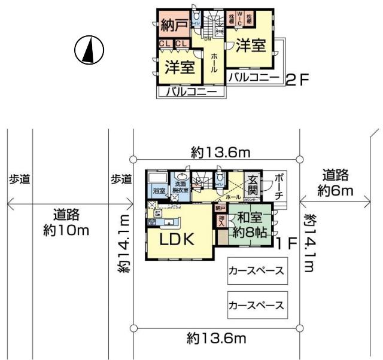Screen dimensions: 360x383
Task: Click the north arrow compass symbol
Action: (89, 50)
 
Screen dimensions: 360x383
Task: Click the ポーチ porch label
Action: (278, 186)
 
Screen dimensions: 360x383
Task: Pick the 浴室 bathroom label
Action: (159, 191)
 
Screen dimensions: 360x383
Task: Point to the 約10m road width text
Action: (65, 222)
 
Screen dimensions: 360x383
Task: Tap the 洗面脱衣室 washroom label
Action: (181, 186)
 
